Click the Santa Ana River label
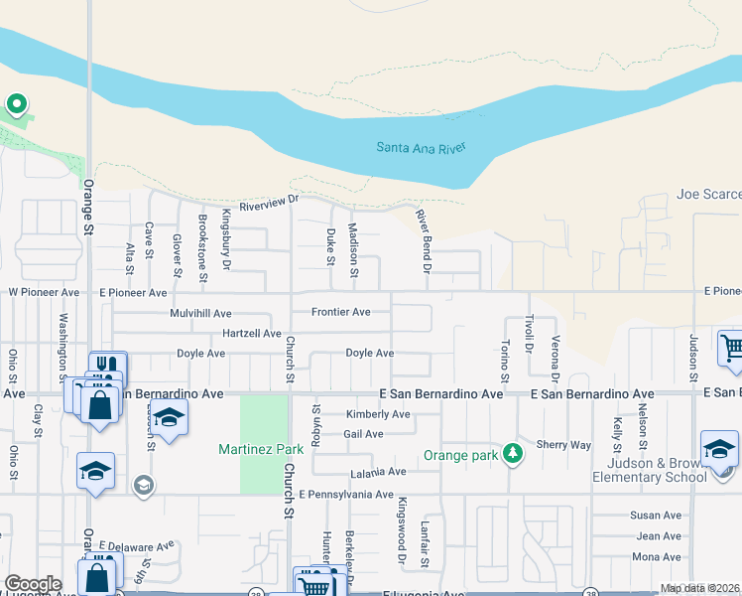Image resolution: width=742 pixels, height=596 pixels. tap(421, 148)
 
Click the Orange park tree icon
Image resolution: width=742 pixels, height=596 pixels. tap(513, 454)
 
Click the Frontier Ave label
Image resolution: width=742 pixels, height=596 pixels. tap(340, 312)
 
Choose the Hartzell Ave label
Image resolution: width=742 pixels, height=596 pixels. tap(252, 333)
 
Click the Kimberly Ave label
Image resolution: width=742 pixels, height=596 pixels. tap(378, 414)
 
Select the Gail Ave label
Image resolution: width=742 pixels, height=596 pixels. tap(363, 434)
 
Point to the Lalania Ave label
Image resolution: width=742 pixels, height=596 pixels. tap(378, 472)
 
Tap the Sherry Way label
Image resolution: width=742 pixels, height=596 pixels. tap(562, 445)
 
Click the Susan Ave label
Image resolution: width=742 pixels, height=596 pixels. tap(656, 516)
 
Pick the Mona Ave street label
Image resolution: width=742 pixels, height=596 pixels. tap(656, 556)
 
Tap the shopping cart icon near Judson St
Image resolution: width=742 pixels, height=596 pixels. tap(732, 349)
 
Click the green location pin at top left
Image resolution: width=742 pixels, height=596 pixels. tap(16, 104)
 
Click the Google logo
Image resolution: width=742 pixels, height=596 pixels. tap(33, 584)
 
